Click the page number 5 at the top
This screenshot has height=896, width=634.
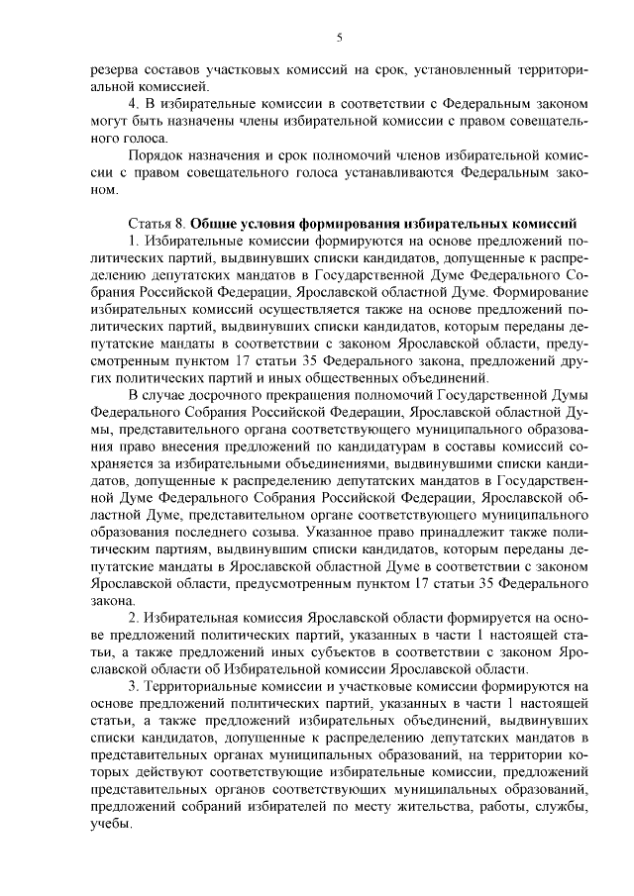339,39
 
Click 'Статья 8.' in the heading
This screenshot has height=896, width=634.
157,222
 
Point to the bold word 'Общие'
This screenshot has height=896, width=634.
215,222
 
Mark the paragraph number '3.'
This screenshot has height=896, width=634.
136,686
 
